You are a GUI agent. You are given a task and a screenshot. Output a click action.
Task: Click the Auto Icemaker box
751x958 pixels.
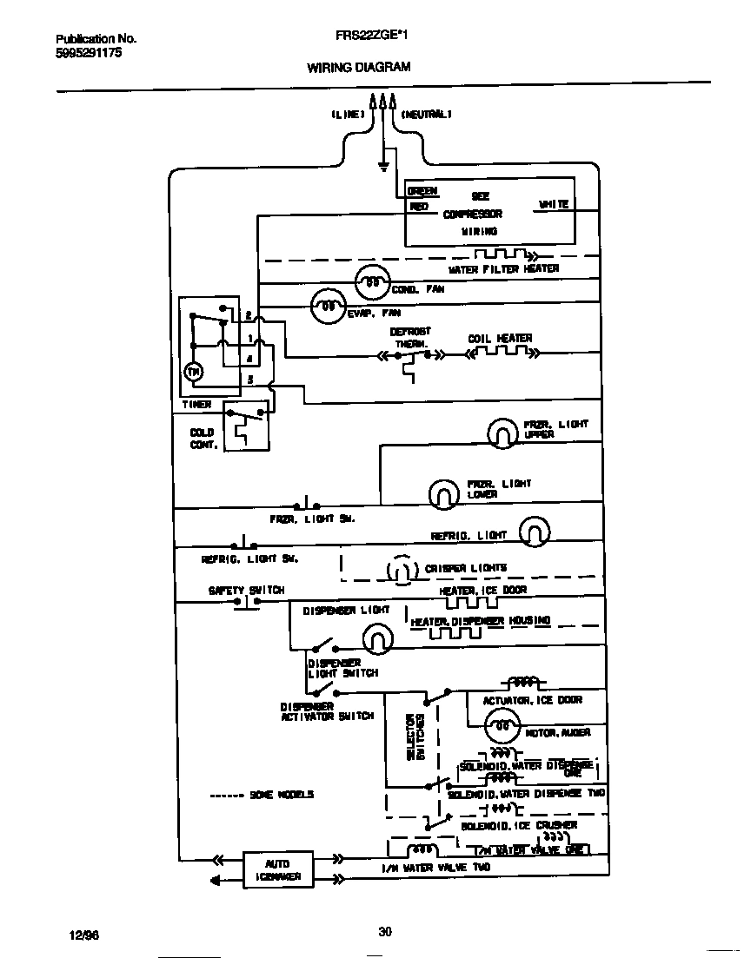(278, 869)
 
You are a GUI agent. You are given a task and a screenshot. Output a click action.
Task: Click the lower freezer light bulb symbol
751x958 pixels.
(443, 493)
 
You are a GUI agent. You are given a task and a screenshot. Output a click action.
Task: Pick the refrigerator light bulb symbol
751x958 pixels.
(535, 532)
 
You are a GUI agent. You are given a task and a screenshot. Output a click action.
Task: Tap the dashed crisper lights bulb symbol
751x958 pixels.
(399, 570)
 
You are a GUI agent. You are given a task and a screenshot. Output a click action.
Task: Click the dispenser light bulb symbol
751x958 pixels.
(376, 640)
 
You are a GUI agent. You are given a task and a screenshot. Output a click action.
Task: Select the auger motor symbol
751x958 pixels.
(501, 723)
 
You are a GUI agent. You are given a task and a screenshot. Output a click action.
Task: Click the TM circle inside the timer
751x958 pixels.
(193, 372)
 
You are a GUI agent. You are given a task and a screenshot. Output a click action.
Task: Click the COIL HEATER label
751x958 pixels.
(500, 338)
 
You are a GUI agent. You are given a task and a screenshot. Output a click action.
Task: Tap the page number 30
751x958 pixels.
(384, 932)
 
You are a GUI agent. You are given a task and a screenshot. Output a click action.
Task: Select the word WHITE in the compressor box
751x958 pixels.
(554, 204)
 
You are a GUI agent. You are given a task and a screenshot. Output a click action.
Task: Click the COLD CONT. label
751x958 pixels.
(202, 438)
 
